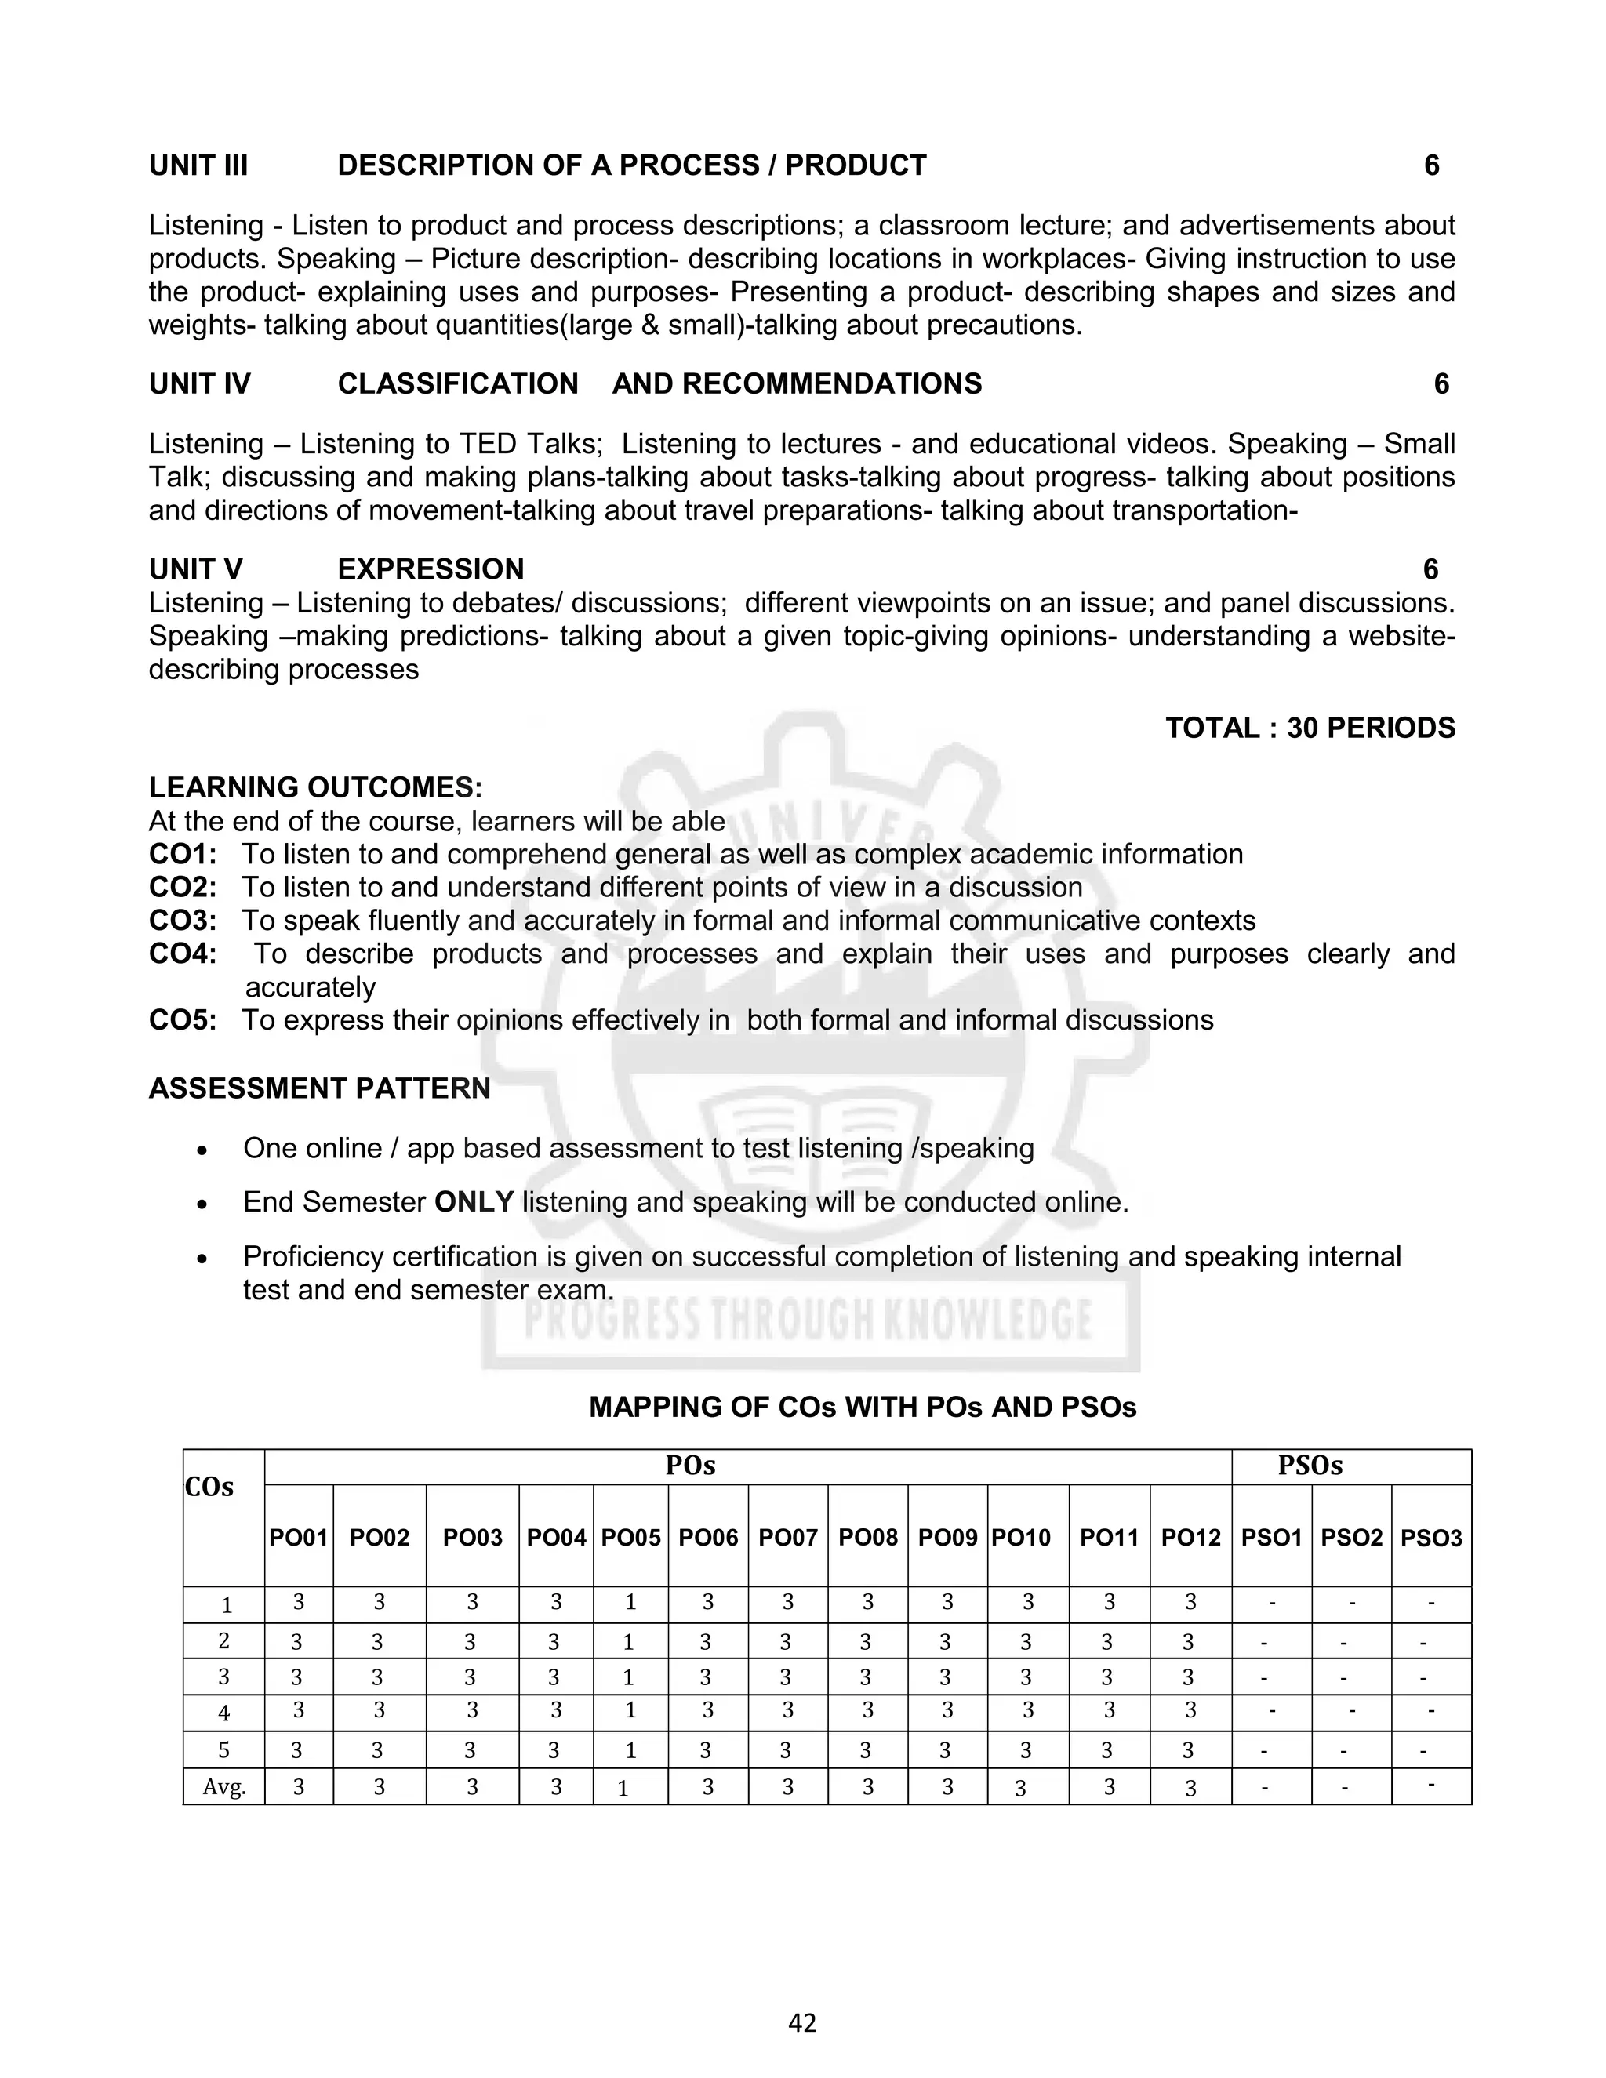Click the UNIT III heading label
coord(198,165)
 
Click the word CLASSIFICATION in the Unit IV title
coord(458,383)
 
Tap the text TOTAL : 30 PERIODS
coord(1310,728)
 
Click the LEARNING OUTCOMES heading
coord(315,788)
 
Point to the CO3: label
coord(183,921)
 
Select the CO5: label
coord(183,1020)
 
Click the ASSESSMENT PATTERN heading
coord(320,1088)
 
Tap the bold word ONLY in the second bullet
coord(474,1203)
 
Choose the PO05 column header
coord(630,1539)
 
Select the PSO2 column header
coord(1351,1539)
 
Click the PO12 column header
coord(1190,1539)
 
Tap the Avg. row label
coord(224,1788)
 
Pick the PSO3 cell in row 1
coord(1431,1604)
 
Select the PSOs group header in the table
coord(1310,1466)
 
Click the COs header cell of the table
coord(209,1487)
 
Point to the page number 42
coord(802,2023)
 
